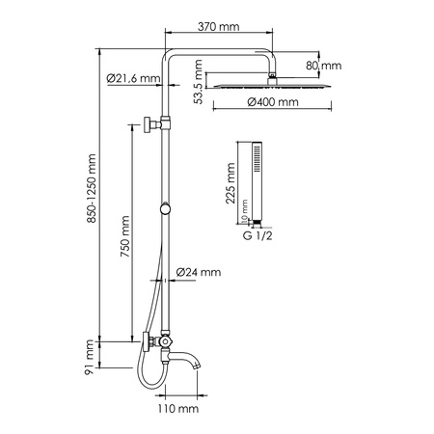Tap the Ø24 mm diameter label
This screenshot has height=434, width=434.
(x=200, y=274)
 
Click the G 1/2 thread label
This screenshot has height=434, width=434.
(x=257, y=233)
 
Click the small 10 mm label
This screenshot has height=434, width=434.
(x=245, y=207)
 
